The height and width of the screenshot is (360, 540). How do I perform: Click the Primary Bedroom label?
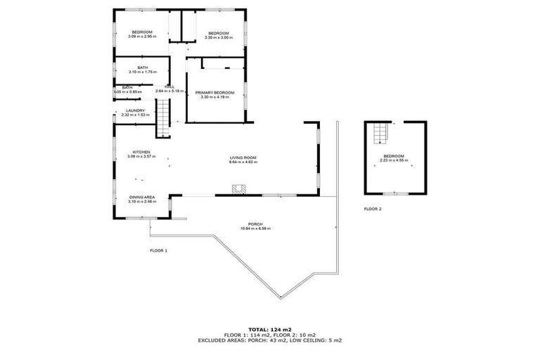click(x=214, y=92)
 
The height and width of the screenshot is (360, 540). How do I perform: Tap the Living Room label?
click(x=243, y=157)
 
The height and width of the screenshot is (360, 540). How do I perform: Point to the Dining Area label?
click(x=142, y=197)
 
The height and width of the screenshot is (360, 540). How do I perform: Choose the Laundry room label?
click(x=136, y=110)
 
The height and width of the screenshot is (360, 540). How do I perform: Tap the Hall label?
click(x=169, y=86)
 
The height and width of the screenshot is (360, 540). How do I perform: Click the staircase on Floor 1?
click(x=163, y=117)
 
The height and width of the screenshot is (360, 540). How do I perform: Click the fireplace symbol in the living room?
click(x=240, y=188)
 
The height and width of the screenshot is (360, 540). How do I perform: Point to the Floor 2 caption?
click(x=373, y=209)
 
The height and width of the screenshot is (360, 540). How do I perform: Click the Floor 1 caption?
click(x=158, y=250)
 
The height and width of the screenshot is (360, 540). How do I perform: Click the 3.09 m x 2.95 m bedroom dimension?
click(x=142, y=36)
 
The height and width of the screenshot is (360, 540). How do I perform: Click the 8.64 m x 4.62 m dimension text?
click(x=243, y=162)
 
